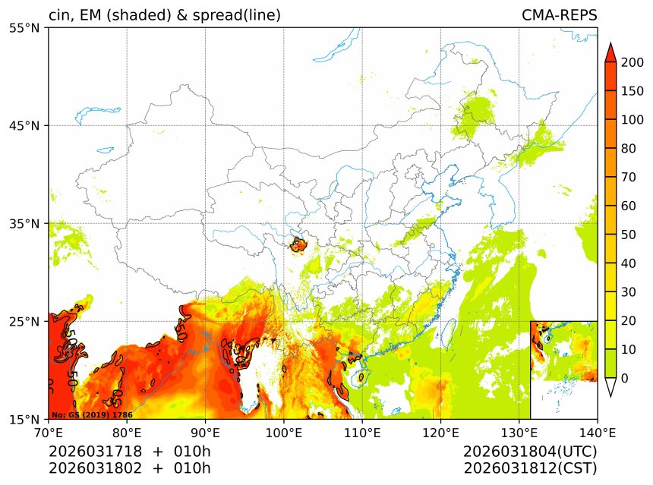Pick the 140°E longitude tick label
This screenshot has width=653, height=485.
click(597, 433)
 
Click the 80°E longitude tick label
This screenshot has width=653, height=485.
click(127, 433)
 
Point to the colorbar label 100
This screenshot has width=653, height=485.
click(632, 120)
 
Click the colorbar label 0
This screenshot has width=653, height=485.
click(625, 378)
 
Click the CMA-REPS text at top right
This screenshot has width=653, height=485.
click(559, 15)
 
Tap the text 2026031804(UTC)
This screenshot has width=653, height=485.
click(530, 452)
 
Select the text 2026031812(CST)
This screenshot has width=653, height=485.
click(530, 468)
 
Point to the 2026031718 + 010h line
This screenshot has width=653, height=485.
click(129, 452)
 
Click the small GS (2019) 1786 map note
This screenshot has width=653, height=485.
click(91, 415)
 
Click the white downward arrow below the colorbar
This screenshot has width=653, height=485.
click(610, 387)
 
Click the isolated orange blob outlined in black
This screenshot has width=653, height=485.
click(298, 244)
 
